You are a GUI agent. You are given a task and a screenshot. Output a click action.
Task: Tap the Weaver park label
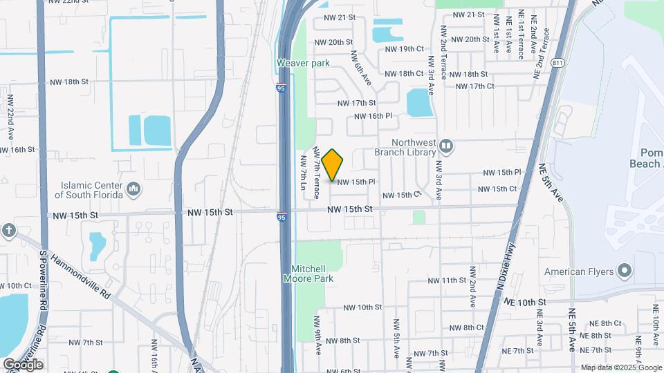[303, 63]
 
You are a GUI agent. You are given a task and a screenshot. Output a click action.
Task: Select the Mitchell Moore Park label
[308, 274]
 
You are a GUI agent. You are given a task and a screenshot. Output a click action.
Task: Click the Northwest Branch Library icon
[446, 146]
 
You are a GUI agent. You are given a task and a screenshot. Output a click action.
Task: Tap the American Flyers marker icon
[625, 270]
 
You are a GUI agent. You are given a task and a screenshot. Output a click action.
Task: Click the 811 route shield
[557, 63]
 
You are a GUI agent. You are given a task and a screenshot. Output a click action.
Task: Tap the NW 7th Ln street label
[303, 173]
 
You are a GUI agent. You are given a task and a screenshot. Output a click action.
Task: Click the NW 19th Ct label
[404, 49]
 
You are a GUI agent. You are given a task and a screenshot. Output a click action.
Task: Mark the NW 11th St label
[448, 280]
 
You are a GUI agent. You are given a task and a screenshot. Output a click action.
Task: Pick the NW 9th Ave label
[317, 336]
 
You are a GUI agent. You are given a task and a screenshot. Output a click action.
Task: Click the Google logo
[23, 364]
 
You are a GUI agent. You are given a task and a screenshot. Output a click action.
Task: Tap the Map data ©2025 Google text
[621, 367]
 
